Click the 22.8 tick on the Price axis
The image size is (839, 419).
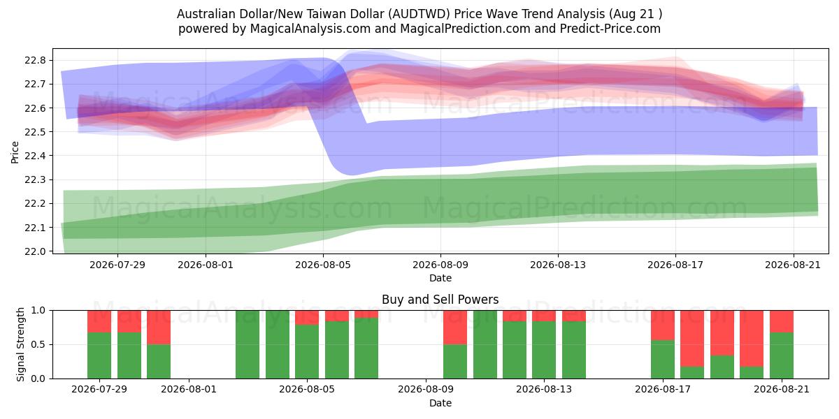35,61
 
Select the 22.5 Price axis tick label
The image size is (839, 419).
35,132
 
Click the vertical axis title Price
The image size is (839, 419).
15,152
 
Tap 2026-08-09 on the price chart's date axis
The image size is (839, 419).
440,265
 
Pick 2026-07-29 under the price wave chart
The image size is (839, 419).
117,265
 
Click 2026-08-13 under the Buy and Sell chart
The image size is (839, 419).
544,390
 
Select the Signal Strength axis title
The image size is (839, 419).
20,344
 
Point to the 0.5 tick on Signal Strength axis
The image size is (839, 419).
38,344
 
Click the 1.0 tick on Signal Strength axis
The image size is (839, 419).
38,311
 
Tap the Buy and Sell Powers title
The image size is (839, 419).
440,300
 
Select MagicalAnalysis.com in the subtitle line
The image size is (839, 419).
310,29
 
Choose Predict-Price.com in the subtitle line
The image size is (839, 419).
610,29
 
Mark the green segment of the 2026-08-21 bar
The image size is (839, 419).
782,355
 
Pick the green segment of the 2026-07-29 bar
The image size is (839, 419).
99,355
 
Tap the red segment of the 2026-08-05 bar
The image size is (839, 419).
307,318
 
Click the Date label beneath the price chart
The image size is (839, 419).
440,279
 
